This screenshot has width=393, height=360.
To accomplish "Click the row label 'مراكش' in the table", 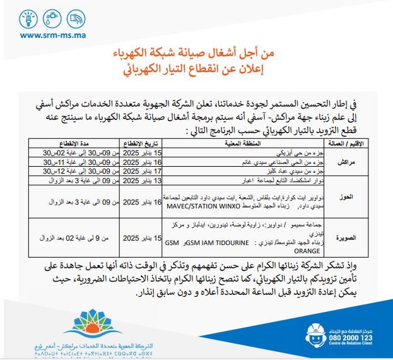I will (x=345, y=162).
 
